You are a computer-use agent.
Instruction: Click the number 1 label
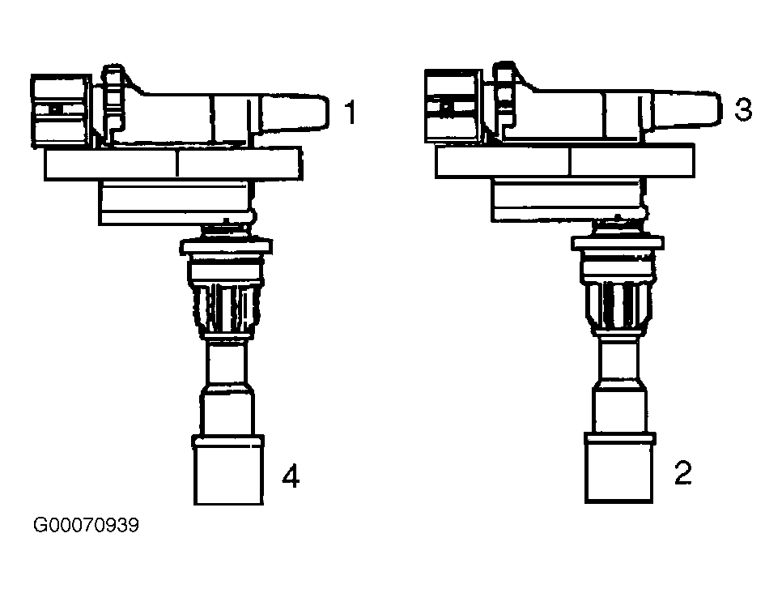[x=351, y=113]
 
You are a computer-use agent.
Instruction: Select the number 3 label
[x=743, y=109]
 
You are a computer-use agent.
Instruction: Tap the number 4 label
[x=291, y=476]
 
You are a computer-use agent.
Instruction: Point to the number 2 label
[x=683, y=473]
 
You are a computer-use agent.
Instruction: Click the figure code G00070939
[x=86, y=525]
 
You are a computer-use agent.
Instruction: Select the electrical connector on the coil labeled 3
[x=454, y=106]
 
